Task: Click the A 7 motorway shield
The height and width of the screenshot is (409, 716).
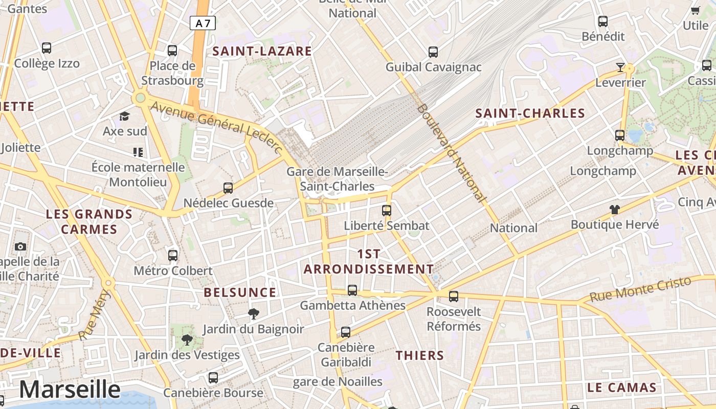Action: [x=203, y=23]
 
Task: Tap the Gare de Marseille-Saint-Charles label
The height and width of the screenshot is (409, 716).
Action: [x=337, y=179]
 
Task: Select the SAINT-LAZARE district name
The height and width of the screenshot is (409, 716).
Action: [x=262, y=51]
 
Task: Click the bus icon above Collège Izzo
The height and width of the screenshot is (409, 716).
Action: [x=47, y=48]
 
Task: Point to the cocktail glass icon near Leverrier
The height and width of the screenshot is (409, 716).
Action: [x=620, y=67]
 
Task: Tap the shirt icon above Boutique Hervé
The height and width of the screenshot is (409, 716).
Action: [x=614, y=209]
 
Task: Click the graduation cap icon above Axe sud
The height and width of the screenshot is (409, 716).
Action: [x=124, y=117]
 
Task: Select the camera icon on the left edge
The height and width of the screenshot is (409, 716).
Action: [x=20, y=247]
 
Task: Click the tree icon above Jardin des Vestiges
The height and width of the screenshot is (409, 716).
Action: [x=187, y=339]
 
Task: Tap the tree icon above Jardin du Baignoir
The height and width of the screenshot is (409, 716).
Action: [x=253, y=313]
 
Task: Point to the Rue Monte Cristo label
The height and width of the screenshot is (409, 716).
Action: [x=640, y=289]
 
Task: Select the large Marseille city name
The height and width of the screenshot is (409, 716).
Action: [x=70, y=390]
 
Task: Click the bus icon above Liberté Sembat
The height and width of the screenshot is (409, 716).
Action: [x=387, y=210]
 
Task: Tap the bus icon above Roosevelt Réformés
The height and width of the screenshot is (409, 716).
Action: [x=454, y=296]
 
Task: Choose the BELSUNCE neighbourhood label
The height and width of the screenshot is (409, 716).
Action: [x=240, y=292]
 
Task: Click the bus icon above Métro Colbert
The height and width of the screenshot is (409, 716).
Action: [x=173, y=255]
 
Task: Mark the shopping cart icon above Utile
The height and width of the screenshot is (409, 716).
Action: [x=696, y=10]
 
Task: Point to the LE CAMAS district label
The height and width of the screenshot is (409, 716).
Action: [x=621, y=387]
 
